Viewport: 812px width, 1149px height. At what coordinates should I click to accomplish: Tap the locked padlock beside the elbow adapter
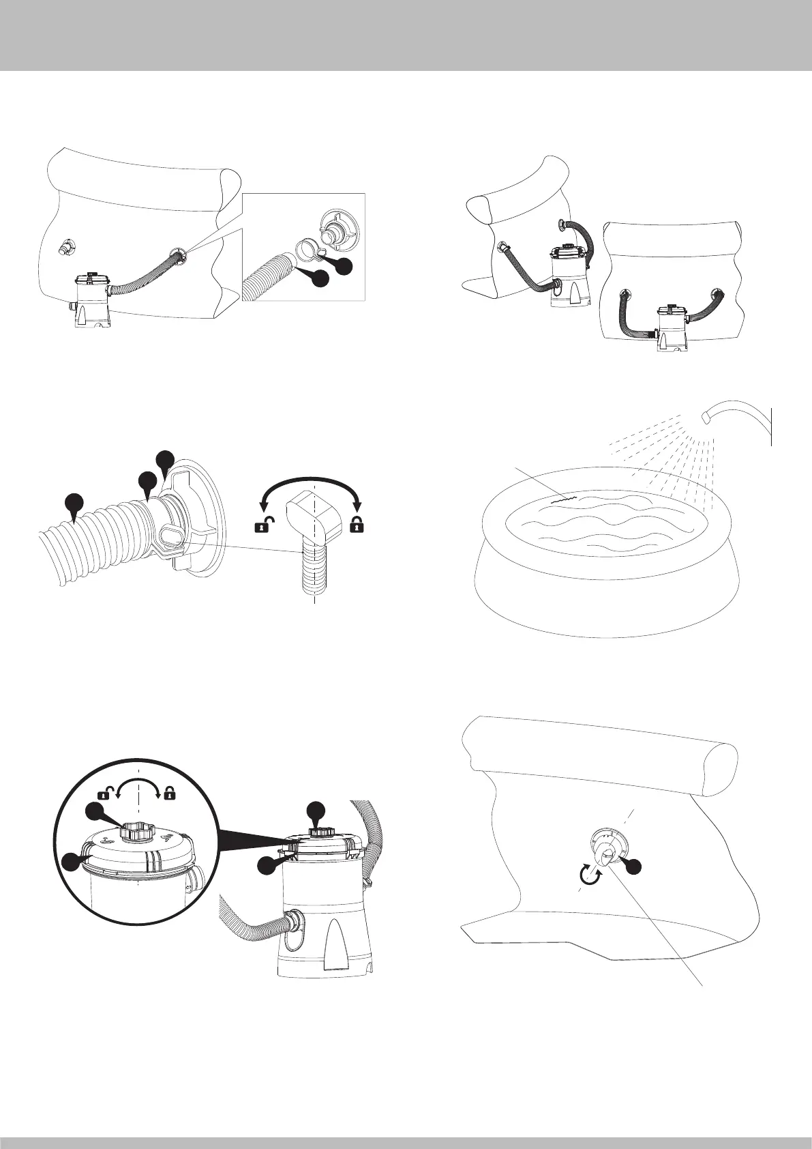(x=355, y=524)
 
